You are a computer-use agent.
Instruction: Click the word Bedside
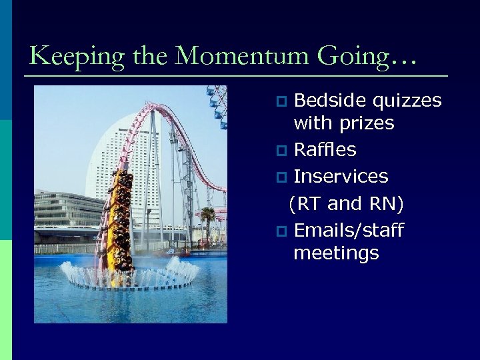tap(330, 101)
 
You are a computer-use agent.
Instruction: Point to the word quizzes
tap(407, 101)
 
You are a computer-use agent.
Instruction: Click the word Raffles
tap(325, 149)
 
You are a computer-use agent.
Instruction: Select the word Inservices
tap(341, 176)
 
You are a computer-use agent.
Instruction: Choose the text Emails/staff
tap(349, 231)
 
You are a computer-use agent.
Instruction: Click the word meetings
tap(336, 253)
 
